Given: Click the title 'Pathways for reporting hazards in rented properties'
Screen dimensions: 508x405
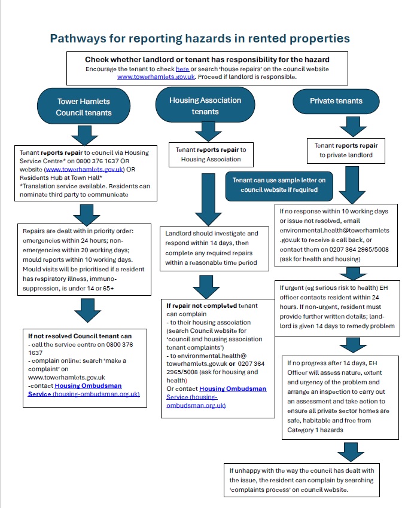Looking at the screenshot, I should (x=200, y=39).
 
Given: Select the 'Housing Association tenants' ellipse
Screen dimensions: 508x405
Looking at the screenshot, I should (x=205, y=106).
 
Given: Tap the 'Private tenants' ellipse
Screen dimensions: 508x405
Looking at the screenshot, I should (x=336, y=101).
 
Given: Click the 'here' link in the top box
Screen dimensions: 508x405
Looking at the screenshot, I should (x=182, y=69).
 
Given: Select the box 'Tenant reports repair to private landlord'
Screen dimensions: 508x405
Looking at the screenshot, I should (x=347, y=150).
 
